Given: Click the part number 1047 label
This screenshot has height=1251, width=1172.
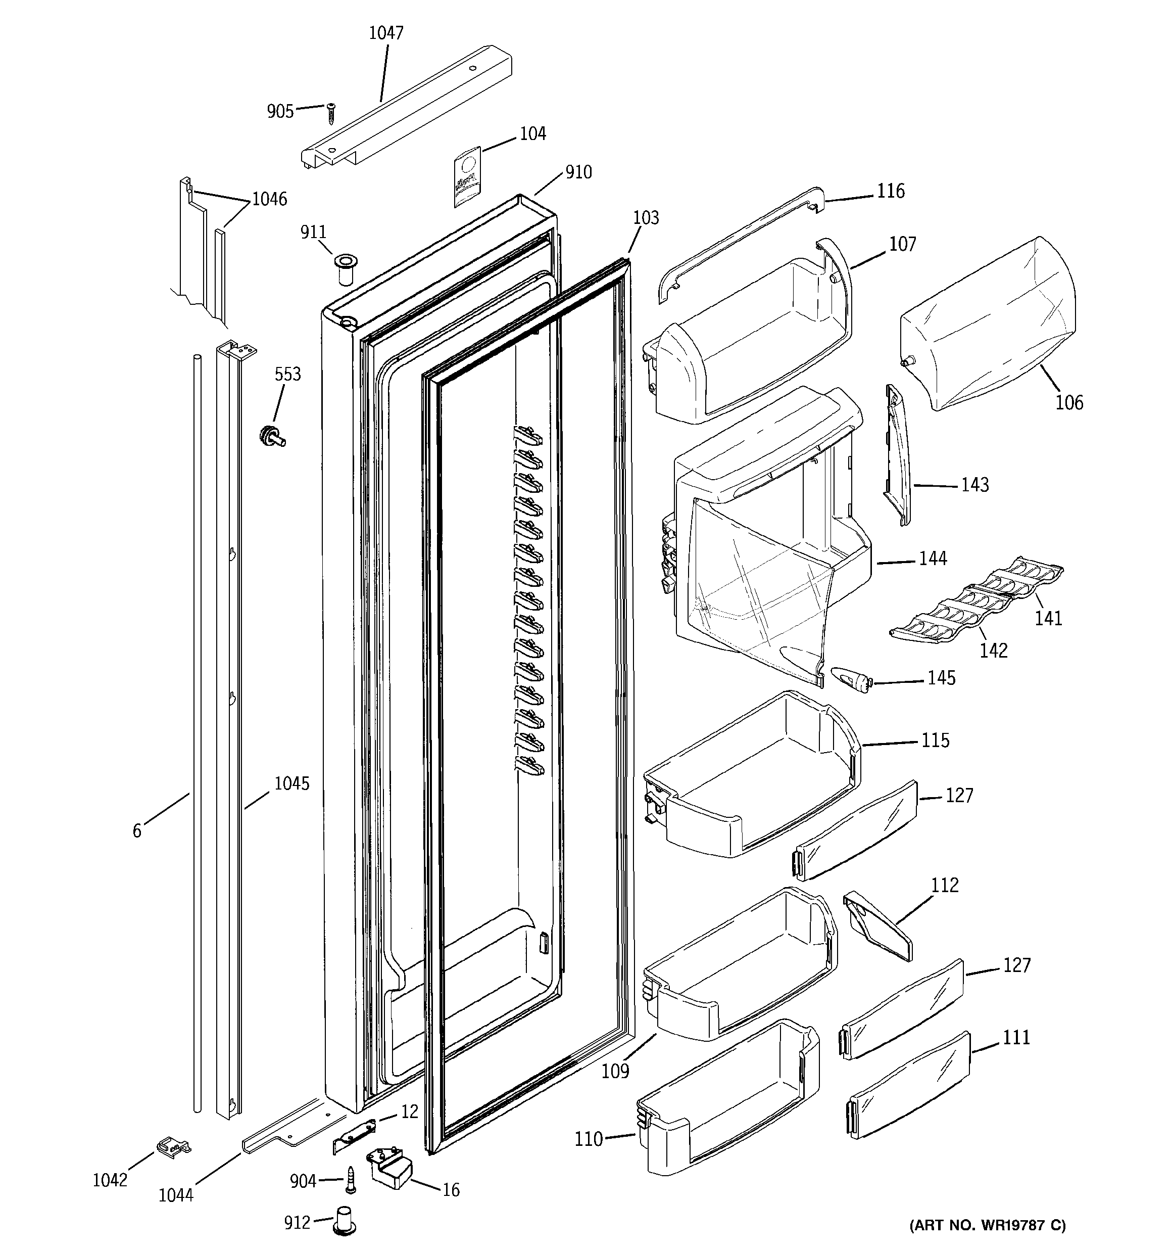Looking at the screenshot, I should (385, 33).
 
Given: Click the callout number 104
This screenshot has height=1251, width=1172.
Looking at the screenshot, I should (532, 133).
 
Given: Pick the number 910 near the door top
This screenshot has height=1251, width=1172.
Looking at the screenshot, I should (578, 172).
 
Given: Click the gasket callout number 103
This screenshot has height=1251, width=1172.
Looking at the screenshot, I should (646, 218).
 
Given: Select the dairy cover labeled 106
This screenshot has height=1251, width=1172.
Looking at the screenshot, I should (988, 324).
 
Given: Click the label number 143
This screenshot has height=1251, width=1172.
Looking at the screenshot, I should (974, 485).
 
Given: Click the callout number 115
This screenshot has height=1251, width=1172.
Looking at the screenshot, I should (935, 740).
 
